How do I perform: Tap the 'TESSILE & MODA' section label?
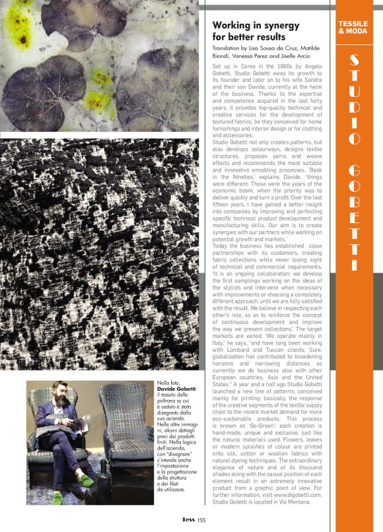(x=353, y=27)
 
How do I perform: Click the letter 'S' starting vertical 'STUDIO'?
(x=353, y=62)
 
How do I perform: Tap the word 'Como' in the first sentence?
(x=247, y=68)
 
